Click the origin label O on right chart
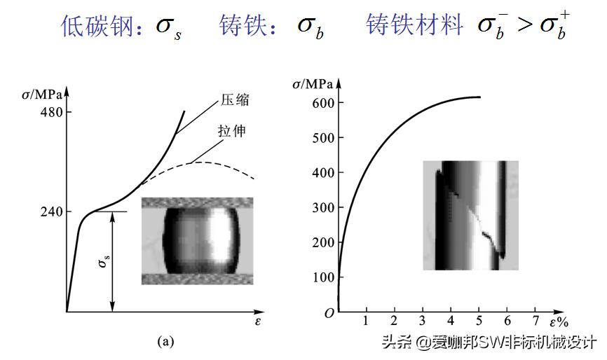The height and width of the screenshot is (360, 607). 329,314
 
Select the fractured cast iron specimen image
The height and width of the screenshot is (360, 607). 470,216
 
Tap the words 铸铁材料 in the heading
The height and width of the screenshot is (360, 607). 414,26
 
